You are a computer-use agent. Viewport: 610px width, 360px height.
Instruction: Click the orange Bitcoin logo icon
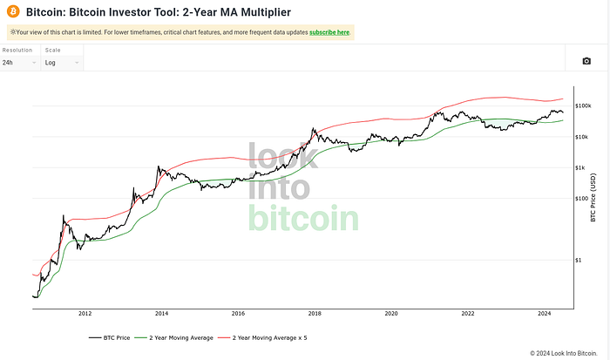(12, 12)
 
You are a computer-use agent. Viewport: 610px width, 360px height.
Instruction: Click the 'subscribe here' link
(329, 32)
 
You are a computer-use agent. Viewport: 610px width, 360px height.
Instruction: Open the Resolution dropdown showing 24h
(19, 63)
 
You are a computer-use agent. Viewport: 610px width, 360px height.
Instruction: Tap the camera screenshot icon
(586, 61)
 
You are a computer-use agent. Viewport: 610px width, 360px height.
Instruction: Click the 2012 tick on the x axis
(85, 312)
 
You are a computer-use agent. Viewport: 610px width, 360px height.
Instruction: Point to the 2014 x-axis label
(161, 312)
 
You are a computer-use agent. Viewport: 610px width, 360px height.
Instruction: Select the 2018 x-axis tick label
(315, 312)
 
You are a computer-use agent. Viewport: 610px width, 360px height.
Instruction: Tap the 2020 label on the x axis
(391, 312)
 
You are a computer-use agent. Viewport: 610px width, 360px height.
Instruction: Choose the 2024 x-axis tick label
(544, 312)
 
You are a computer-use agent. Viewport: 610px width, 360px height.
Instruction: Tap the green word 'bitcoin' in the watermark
(303, 218)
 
